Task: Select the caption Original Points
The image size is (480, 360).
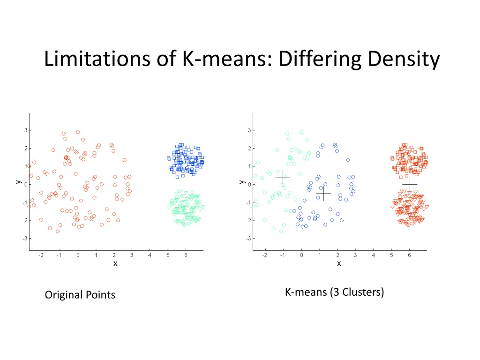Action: pyautogui.click(x=80, y=295)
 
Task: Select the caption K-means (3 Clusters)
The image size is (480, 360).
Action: pyautogui.click(x=334, y=292)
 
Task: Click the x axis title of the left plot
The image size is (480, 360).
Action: pyautogui.click(x=115, y=263)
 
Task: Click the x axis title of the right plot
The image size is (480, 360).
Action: pyautogui.click(x=339, y=263)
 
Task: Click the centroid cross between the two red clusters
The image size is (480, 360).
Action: pyautogui.click(x=410, y=185)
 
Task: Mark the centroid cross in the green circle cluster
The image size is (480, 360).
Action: pyautogui.click(x=283, y=177)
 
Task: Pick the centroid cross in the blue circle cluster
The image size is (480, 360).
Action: pyautogui.click(x=323, y=193)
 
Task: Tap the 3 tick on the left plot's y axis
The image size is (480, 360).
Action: pyautogui.click(x=25, y=130)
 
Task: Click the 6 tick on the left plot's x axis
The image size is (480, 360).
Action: pyautogui.click(x=186, y=255)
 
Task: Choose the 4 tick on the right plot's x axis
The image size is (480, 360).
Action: pyautogui.click(x=374, y=255)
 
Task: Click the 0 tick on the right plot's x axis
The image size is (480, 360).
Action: pyautogui.click(x=301, y=255)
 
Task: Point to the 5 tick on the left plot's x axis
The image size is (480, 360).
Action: pyautogui.click(x=168, y=255)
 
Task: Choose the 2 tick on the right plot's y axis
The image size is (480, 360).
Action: pyautogui.click(x=249, y=148)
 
